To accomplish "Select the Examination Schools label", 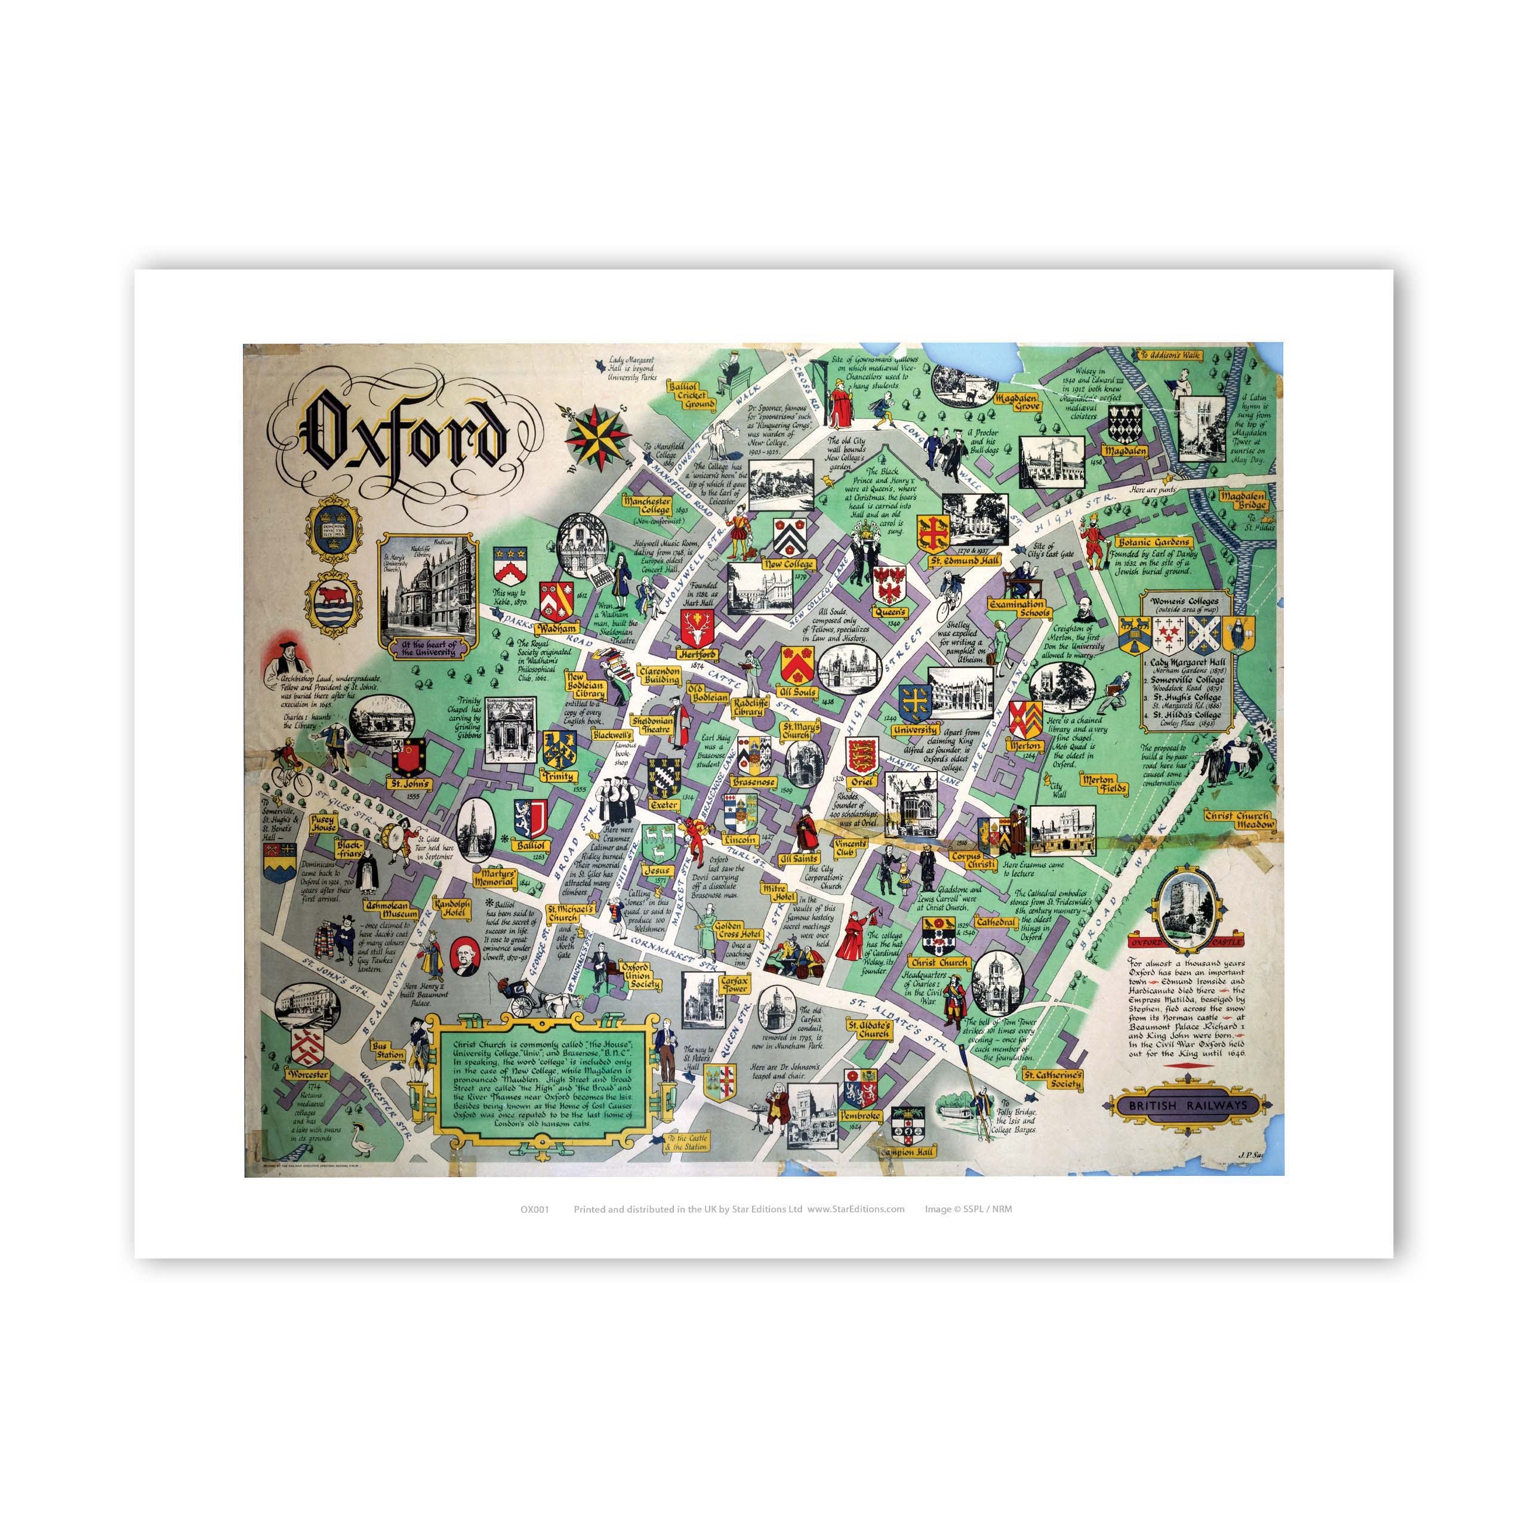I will click(x=1019, y=608).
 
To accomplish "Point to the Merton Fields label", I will click(x=1098, y=782).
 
